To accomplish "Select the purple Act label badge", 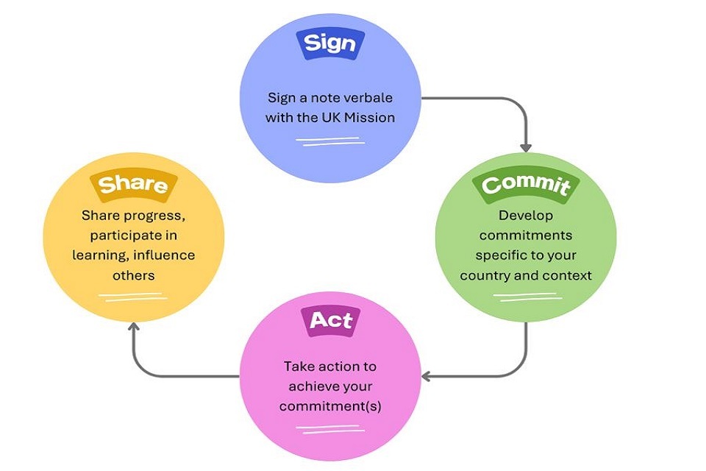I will pos(330,321).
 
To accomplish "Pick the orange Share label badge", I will pos(132,183).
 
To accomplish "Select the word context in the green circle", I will pos(566,275).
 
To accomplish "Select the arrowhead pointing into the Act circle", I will pos(427,376).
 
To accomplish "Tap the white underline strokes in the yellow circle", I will pos(131,297).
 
